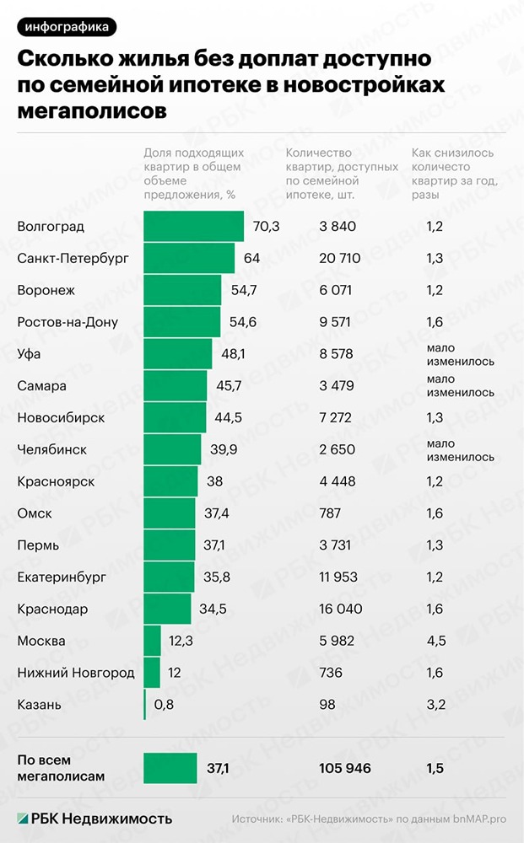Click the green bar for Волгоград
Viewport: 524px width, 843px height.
click(x=194, y=226)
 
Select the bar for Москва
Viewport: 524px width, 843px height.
click(x=152, y=641)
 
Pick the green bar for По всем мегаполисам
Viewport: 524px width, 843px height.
click(x=170, y=768)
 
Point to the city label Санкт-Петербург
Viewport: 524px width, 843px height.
click(x=73, y=258)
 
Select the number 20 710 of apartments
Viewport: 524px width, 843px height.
click(x=340, y=258)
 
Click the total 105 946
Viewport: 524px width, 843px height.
click(x=344, y=768)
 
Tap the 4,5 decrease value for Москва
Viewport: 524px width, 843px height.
click(x=436, y=641)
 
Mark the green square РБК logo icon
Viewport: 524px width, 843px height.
click(x=23, y=818)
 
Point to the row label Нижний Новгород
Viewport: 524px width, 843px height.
click(x=76, y=673)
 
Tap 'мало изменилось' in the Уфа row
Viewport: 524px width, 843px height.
click(x=460, y=354)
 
